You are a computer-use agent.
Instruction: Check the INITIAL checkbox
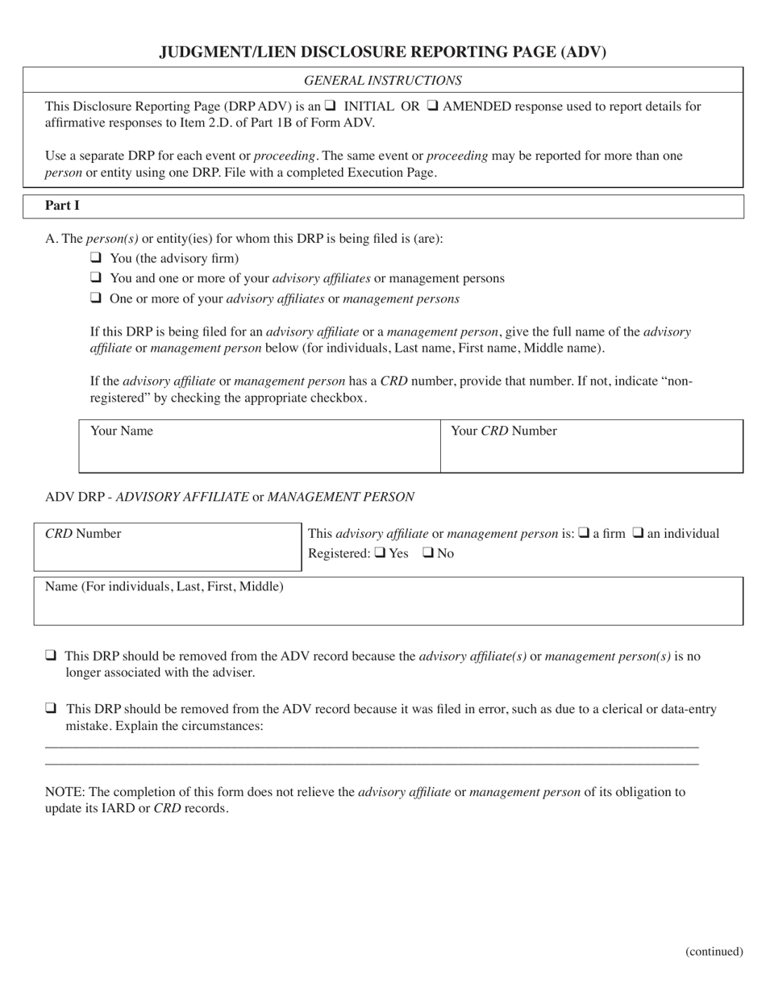pos(331,106)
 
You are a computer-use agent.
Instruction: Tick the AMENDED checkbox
pos(432,106)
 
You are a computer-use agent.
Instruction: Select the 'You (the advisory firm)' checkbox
pos(96,258)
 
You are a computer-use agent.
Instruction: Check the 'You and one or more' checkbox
pos(96,277)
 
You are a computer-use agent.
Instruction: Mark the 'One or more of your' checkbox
pos(96,298)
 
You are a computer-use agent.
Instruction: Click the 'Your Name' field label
pos(122,431)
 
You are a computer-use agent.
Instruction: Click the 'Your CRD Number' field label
pos(504,431)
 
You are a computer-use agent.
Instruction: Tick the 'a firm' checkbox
pos(585,532)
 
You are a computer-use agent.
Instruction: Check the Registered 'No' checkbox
pos(428,552)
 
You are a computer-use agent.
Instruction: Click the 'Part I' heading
pos(62,206)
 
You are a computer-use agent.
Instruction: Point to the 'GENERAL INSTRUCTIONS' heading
pos(382,81)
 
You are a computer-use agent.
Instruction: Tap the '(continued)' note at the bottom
pos(714,952)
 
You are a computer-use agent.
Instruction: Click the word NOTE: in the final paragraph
pos(64,792)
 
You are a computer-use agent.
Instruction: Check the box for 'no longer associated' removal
pos(51,656)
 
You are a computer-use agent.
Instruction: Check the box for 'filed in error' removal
pos(51,709)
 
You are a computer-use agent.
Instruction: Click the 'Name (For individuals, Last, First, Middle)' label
pos(164,586)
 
